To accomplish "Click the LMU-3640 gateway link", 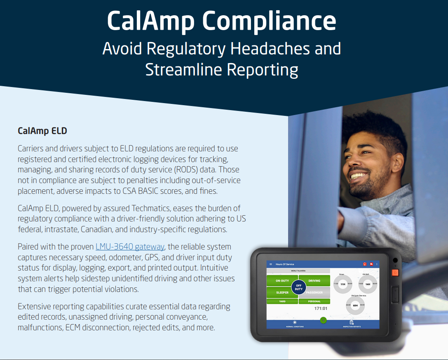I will (130, 247).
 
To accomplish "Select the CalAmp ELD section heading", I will (42, 131).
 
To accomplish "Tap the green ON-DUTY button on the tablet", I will (282, 281).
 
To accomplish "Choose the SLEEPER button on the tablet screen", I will (282, 292).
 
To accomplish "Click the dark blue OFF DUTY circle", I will (299, 287).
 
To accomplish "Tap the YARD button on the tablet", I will (282, 301).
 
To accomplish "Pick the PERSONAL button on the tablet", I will (314, 301).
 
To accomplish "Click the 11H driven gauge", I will (342, 284).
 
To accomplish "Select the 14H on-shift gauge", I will (367, 284).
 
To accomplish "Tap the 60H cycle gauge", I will (355, 306).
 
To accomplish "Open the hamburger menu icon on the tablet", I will (271, 264).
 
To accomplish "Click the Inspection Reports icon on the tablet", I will (352, 322).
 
